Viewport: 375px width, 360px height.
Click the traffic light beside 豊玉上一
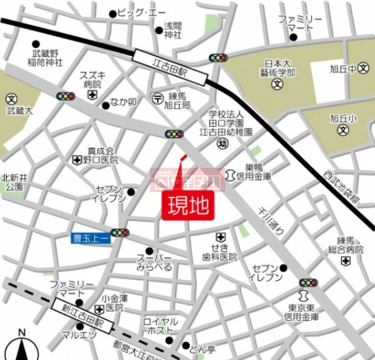point(120,233)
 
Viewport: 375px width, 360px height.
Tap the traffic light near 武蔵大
point(66,96)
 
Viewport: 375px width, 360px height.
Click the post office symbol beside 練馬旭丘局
point(157,98)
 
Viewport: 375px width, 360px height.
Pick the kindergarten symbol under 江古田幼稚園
point(222,144)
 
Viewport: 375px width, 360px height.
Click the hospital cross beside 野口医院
point(77,160)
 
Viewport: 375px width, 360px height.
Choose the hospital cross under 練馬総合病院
point(345,260)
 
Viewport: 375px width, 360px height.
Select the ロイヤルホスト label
point(160,325)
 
